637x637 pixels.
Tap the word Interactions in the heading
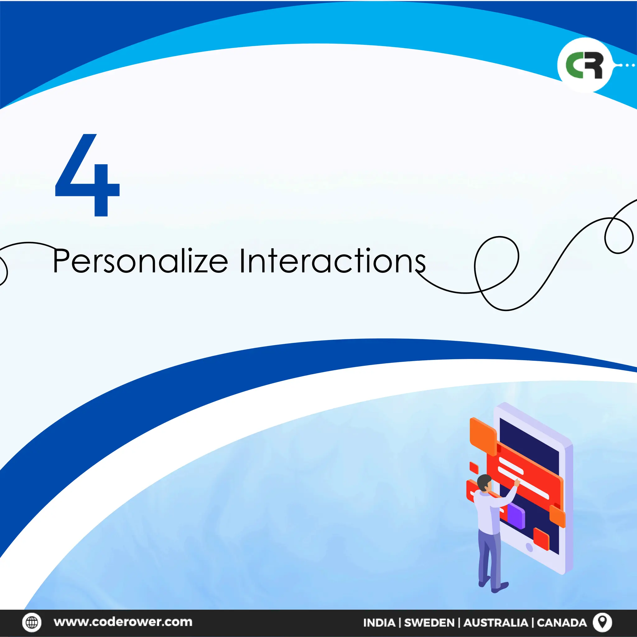point(332,262)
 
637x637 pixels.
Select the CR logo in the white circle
point(584,65)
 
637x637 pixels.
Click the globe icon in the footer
point(32,622)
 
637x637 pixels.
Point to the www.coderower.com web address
point(123,622)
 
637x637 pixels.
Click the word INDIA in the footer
point(379,622)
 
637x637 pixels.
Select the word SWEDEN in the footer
point(429,622)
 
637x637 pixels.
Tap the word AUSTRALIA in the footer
point(495,622)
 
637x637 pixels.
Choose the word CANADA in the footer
point(562,622)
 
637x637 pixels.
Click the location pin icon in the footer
point(602,622)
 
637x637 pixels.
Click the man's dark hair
point(483,481)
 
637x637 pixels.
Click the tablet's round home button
point(529,548)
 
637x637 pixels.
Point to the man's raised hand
point(517,483)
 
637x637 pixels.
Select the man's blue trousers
point(490,557)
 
